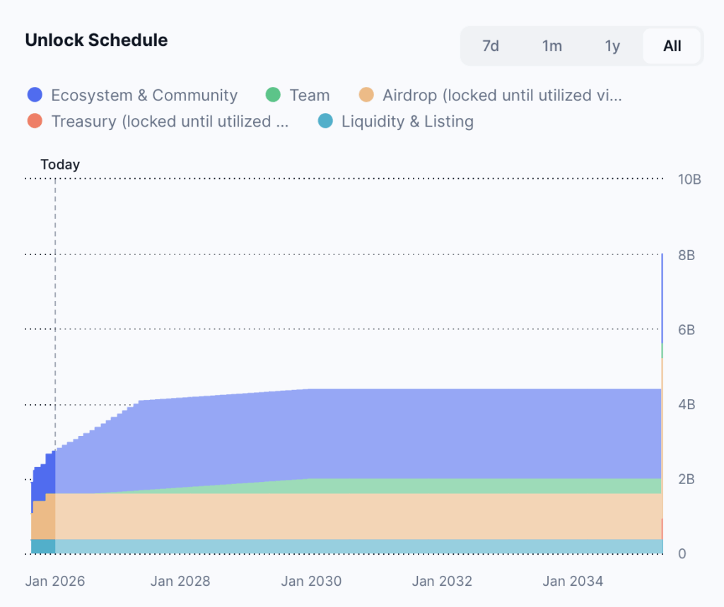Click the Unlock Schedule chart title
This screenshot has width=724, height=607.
pyautogui.click(x=96, y=40)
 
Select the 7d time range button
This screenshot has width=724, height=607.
pyautogui.click(x=491, y=46)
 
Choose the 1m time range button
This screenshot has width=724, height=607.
pyautogui.click(x=552, y=46)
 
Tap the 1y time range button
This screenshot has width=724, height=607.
pyautogui.click(x=612, y=46)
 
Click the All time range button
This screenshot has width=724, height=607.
pyautogui.click(x=672, y=46)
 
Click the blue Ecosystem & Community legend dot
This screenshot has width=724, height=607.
pyautogui.click(x=35, y=95)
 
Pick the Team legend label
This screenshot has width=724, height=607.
pyautogui.click(x=309, y=95)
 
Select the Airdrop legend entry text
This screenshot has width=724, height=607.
pyautogui.click(x=502, y=95)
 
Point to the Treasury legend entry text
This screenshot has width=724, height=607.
pyautogui.click(x=170, y=122)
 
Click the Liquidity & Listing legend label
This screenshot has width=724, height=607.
pyautogui.click(x=407, y=122)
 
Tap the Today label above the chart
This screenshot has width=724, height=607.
pyautogui.click(x=60, y=165)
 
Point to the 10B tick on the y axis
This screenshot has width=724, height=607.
pyautogui.click(x=689, y=179)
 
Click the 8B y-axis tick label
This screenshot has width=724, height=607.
pyautogui.click(x=687, y=255)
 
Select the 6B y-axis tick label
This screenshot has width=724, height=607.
pyautogui.click(x=687, y=330)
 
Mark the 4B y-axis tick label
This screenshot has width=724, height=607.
pyautogui.click(x=687, y=405)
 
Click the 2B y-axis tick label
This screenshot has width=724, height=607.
pyautogui.click(x=687, y=480)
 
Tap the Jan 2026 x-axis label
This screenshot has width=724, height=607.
pyautogui.click(x=55, y=582)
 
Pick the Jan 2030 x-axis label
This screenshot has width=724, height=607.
pyautogui.click(x=311, y=582)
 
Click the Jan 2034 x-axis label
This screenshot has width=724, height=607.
pyautogui.click(x=573, y=582)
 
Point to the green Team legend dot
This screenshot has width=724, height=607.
pyautogui.click(x=274, y=95)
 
